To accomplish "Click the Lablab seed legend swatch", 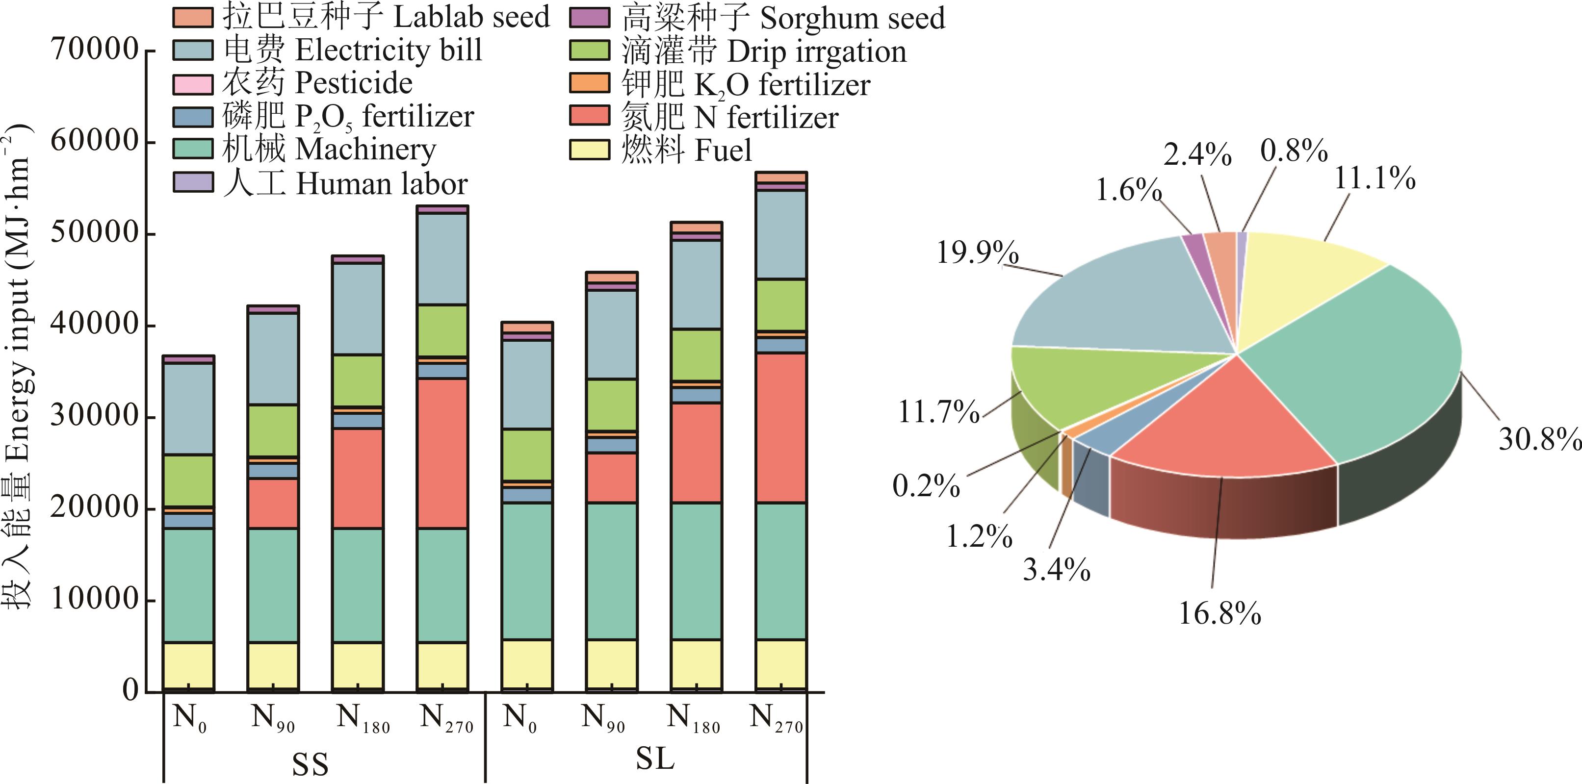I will point(192,17).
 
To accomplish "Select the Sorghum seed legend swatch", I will point(590,17).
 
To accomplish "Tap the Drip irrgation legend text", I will point(763,51).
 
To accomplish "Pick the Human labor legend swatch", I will point(192,182).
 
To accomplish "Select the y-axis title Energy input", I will point(19,368).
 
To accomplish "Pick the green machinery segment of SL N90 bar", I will point(611,571).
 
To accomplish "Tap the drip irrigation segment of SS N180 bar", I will point(358,380).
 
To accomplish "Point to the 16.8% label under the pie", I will point(1219,613).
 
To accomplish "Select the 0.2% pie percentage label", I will point(926,485).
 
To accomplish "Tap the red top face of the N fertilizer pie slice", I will point(1222,424).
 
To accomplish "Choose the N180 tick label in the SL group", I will point(693,718).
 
